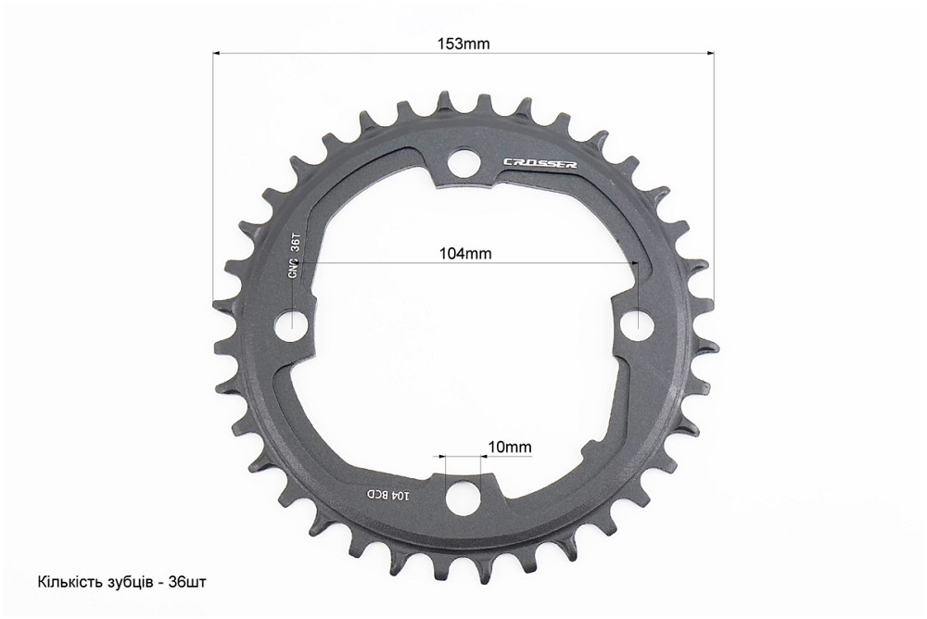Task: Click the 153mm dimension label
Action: (x=463, y=43)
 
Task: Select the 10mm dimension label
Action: (x=510, y=447)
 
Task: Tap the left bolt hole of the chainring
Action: (x=293, y=324)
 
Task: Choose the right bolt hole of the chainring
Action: (x=637, y=323)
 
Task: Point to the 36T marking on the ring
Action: (x=295, y=243)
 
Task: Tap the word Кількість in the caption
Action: (x=66, y=583)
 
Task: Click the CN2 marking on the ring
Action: (x=294, y=268)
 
